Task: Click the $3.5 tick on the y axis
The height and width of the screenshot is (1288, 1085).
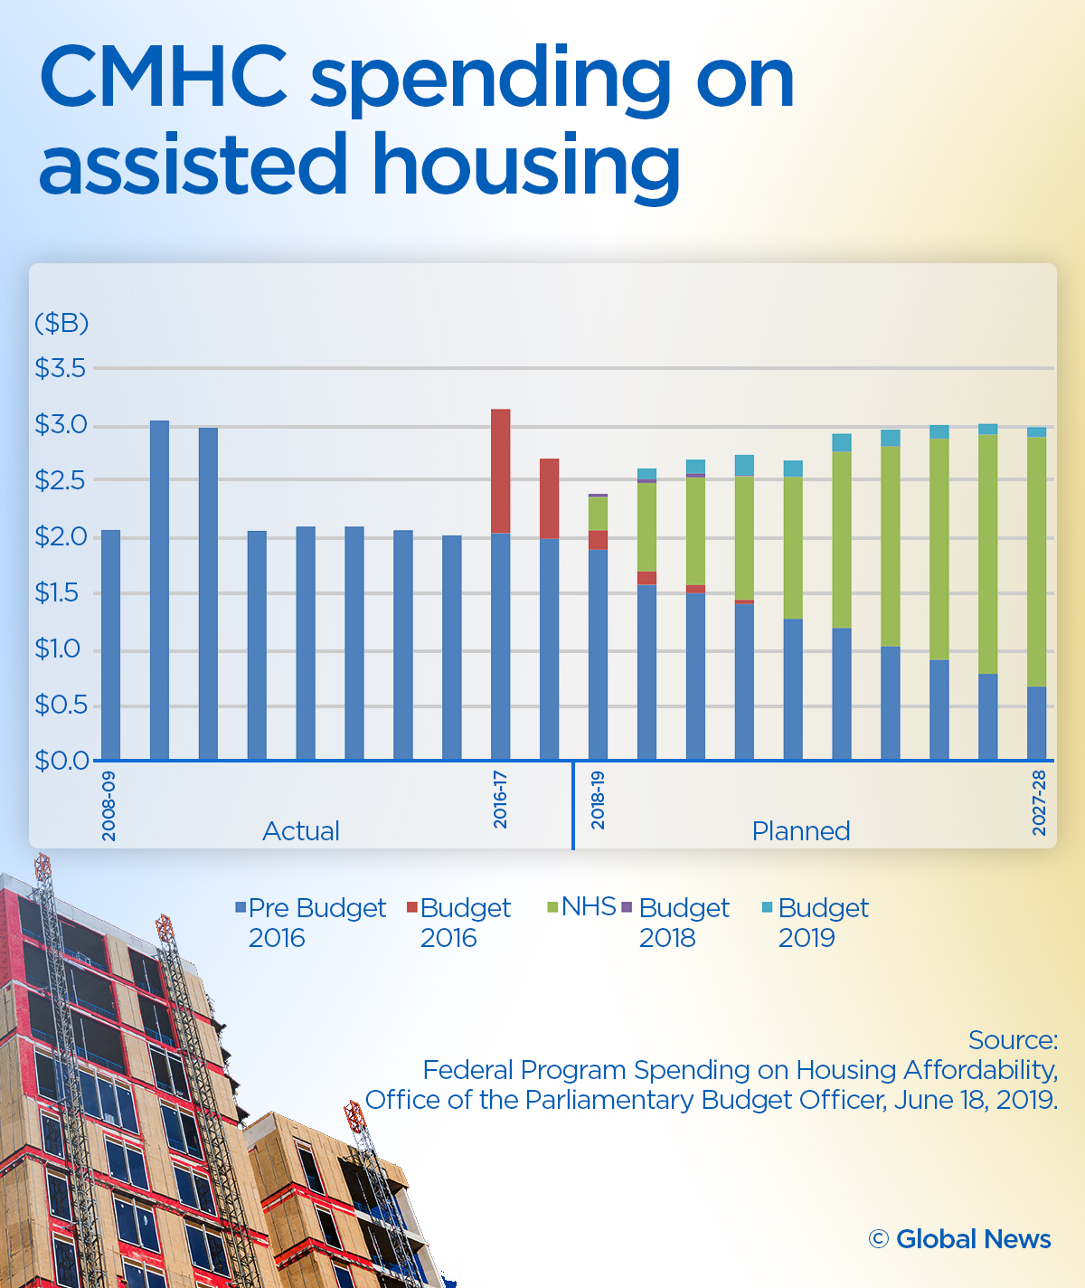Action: [60, 368]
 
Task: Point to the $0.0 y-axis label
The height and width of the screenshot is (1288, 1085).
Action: [61, 761]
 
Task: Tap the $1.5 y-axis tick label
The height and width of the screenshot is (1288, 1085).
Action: [60, 593]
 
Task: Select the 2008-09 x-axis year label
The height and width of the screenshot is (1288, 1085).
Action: [109, 806]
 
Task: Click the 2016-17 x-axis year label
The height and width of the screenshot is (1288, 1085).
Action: [500, 800]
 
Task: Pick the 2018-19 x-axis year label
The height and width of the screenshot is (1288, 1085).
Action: [598, 800]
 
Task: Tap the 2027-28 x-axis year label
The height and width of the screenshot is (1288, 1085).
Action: [1039, 802]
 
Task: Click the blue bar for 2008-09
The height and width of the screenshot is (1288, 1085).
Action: [110, 644]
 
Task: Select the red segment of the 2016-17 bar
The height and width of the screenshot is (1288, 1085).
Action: [500, 470]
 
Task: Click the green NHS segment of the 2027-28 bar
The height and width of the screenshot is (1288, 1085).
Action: [1036, 561]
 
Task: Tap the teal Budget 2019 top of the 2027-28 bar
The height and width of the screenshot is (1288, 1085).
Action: [1036, 432]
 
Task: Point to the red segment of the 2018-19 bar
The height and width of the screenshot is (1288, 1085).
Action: [598, 540]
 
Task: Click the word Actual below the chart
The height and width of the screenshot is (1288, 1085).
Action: [301, 830]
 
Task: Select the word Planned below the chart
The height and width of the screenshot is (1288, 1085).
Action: [801, 830]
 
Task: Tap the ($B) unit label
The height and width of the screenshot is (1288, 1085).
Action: [61, 323]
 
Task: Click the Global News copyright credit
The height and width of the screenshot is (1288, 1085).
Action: [960, 1239]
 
